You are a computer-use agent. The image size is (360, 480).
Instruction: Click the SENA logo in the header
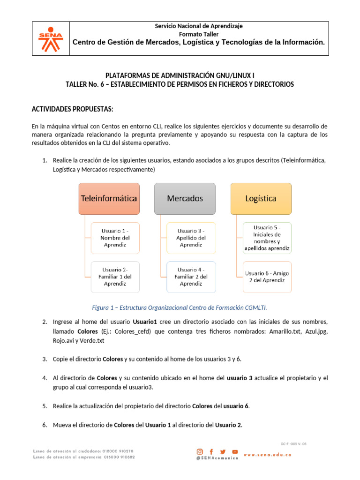click(50, 39)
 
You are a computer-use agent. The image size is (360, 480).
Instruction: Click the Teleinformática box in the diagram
click(109, 198)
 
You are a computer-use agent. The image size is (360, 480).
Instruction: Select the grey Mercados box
click(185, 198)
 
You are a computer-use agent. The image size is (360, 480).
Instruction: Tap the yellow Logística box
click(261, 198)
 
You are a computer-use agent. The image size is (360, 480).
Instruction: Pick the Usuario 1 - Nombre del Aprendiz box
click(115, 238)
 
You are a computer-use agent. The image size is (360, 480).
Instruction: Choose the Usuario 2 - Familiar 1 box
click(115, 277)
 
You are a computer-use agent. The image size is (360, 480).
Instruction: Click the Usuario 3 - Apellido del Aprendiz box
click(191, 238)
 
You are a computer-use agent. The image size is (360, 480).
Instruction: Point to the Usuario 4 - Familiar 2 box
click(191, 277)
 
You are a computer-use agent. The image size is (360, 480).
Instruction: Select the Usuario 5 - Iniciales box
click(267, 238)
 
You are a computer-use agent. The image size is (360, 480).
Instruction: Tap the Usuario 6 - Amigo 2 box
click(267, 277)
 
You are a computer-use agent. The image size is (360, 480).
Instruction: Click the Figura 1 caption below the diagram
click(180, 307)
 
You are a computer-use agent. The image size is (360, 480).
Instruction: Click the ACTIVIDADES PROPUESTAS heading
click(72, 109)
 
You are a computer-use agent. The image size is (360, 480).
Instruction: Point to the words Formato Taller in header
click(199, 34)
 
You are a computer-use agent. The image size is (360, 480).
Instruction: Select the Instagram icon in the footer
click(200, 452)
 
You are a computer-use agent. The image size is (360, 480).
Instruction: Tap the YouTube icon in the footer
click(235, 452)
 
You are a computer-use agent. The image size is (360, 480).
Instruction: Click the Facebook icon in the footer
click(211, 452)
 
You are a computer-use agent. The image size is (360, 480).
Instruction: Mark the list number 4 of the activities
click(45, 378)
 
